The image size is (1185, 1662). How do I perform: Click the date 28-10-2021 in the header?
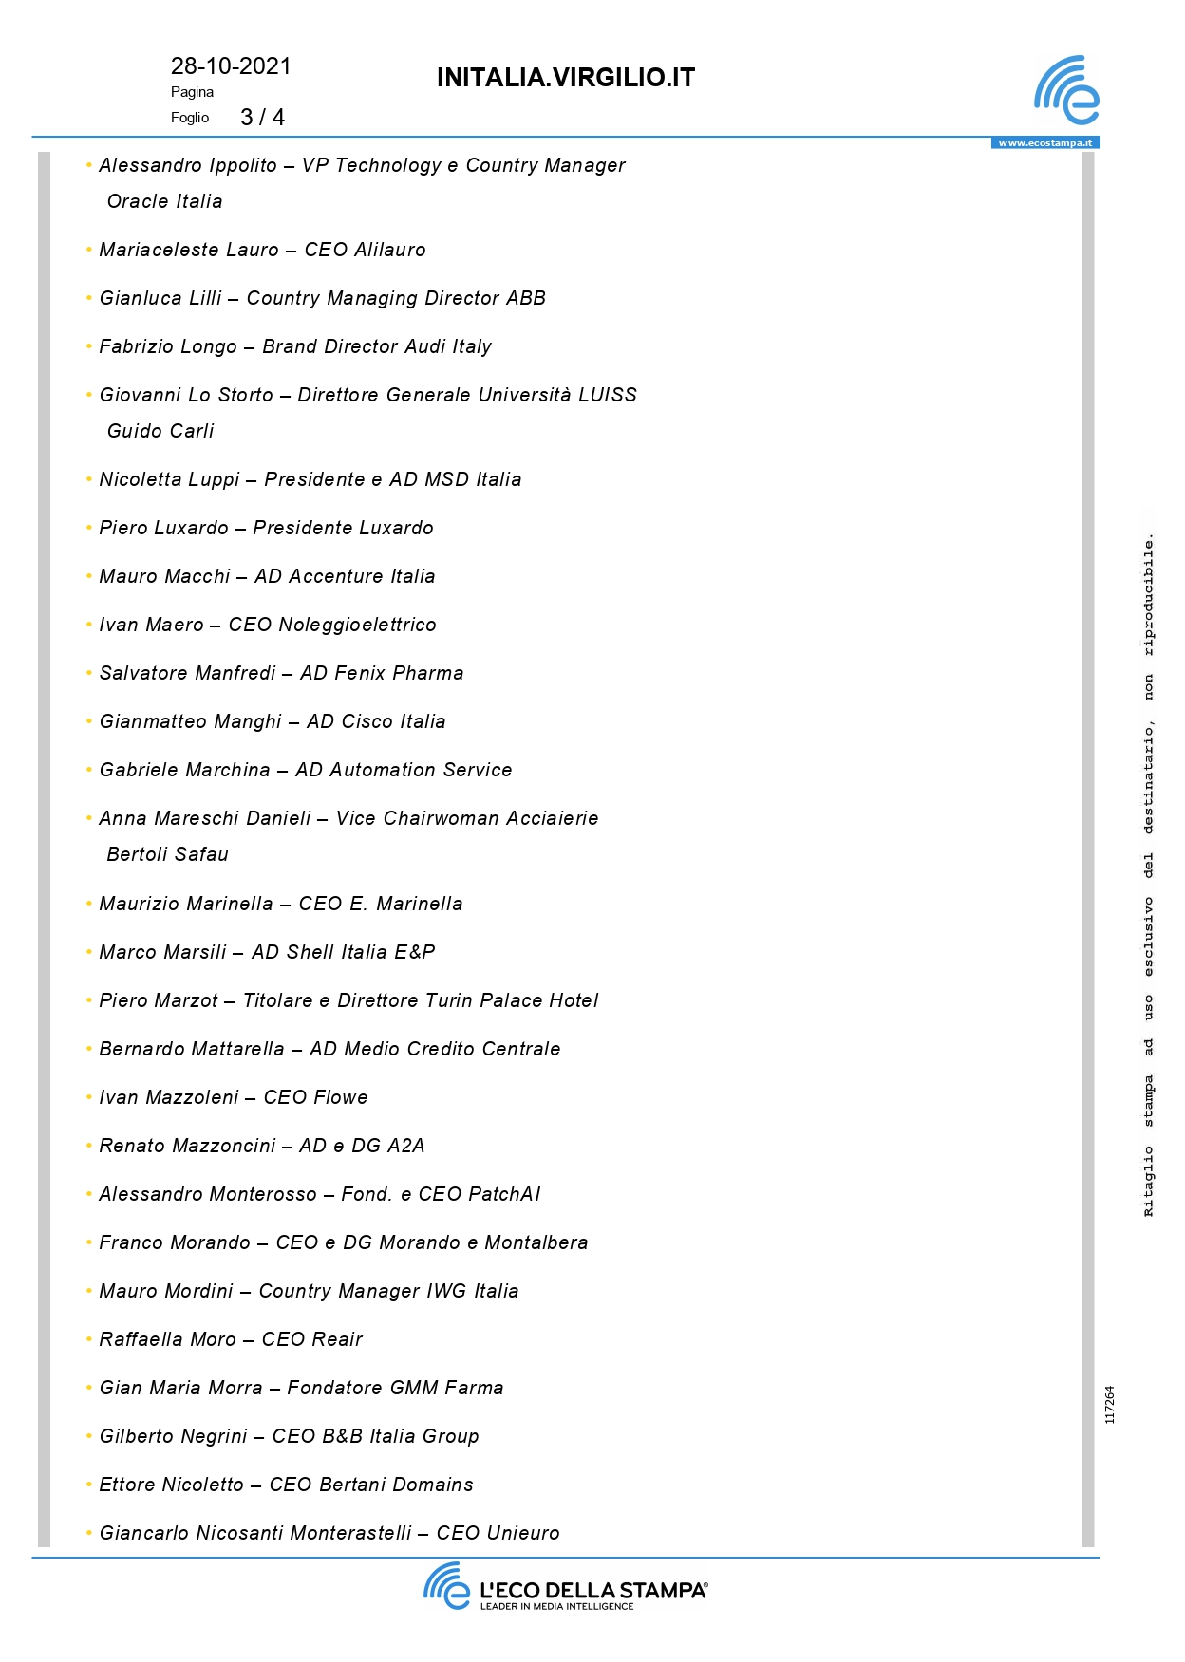[231, 66]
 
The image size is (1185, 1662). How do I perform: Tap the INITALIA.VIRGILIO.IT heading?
[566, 78]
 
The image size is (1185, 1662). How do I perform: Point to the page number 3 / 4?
[262, 118]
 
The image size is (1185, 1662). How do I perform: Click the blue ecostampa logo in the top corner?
[1066, 91]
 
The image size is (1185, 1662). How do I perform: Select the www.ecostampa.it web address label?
[1044, 143]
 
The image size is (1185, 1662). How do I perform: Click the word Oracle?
[137, 201]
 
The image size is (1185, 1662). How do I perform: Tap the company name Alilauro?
[389, 250]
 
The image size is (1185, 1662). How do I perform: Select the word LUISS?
[608, 395]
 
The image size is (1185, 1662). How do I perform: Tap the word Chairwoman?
[441, 818]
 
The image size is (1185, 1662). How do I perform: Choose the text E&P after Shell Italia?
[415, 952]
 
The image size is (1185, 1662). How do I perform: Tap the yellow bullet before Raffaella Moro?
[89, 1339]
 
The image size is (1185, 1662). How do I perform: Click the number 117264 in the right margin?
[1110, 1405]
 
